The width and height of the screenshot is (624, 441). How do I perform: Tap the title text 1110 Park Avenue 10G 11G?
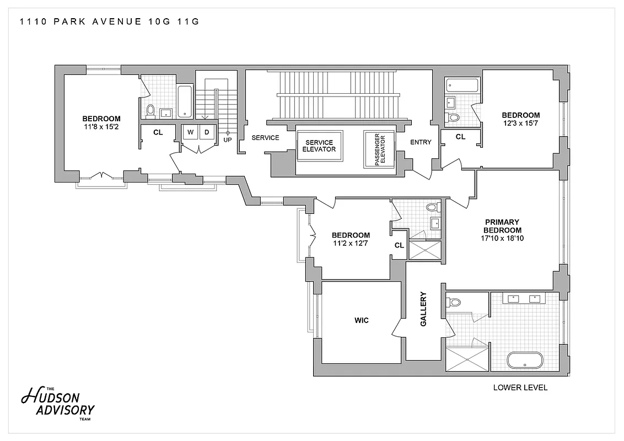109,22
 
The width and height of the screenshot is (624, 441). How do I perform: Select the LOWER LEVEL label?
520,388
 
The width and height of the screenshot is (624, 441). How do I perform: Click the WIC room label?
361,320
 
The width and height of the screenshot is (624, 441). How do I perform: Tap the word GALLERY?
424,309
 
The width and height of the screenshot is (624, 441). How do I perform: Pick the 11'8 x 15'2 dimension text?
101,126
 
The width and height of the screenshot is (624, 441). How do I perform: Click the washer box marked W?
191,132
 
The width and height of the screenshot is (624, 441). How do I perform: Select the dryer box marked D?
207,132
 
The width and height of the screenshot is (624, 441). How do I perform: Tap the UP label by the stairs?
227,139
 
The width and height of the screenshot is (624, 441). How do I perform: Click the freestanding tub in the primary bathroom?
525,361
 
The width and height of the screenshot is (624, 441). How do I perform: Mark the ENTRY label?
421,142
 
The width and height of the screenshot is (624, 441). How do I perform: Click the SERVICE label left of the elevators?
265,138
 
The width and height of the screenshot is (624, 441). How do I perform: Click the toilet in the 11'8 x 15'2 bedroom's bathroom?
150,111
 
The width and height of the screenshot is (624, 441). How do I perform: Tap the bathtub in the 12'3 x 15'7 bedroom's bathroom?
462,85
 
